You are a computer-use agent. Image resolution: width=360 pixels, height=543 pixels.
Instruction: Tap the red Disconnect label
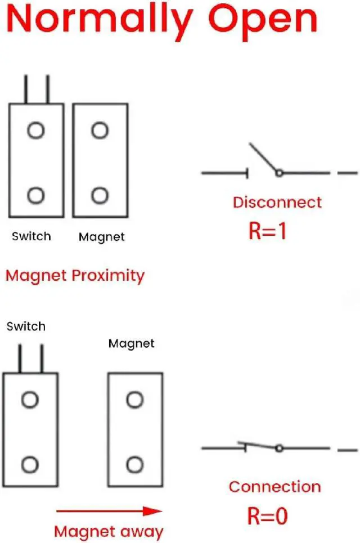tap(277, 203)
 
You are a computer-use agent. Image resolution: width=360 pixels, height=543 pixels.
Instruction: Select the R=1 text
tap(267, 231)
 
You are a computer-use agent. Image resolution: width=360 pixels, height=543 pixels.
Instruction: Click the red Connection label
tap(274, 487)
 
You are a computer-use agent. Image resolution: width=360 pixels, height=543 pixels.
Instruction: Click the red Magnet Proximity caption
tap(75, 276)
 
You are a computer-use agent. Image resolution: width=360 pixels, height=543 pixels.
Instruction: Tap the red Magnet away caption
tap(109, 531)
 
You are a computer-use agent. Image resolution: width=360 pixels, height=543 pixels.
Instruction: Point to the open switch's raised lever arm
tap(263, 158)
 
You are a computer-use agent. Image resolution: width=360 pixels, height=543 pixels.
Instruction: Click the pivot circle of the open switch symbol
tap(278, 173)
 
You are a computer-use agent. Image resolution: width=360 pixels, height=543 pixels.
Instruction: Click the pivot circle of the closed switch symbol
tap(278, 448)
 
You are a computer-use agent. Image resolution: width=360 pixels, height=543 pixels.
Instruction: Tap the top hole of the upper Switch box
tap(36, 131)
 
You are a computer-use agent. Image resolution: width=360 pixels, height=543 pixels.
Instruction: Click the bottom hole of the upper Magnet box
tap(100, 196)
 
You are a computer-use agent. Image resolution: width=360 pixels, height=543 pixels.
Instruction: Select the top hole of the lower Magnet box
tap(134, 400)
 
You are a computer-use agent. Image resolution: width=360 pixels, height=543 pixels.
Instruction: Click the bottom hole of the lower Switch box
tap(30, 465)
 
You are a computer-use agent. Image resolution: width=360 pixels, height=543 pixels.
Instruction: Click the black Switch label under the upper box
tap(31, 236)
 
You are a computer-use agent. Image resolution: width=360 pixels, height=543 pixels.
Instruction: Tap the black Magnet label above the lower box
tap(131, 343)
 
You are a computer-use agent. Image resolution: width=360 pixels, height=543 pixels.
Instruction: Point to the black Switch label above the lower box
tap(26, 326)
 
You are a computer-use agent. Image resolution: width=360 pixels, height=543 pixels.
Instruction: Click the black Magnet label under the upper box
tap(102, 237)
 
